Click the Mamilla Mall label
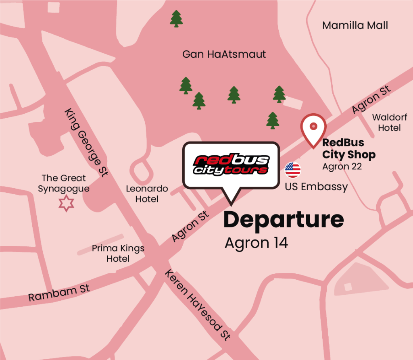pyautogui.click(x=355, y=26)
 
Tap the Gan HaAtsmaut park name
pyautogui.click(x=224, y=54)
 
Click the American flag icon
pyautogui.click(x=293, y=170)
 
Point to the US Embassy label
pyautogui.click(x=316, y=187)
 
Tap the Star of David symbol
pyautogui.click(x=67, y=203)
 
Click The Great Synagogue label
pyautogui.click(x=64, y=183)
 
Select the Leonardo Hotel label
pyautogui.click(x=147, y=194)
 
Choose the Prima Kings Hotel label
pyautogui.click(x=118, y=254)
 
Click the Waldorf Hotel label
pyautogui.click(x=389, y=123)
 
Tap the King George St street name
pyautogui.click(x=86, y=142)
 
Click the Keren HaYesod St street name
pyautogui.click(x=198, y=305)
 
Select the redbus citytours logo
pyautogui.click(x=231, y=164)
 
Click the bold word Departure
pyautogui.click(x=284, y=220)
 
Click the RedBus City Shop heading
pyautogui.click(x=348, y=148)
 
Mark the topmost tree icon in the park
pyautogui.click(x=176, y=19)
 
